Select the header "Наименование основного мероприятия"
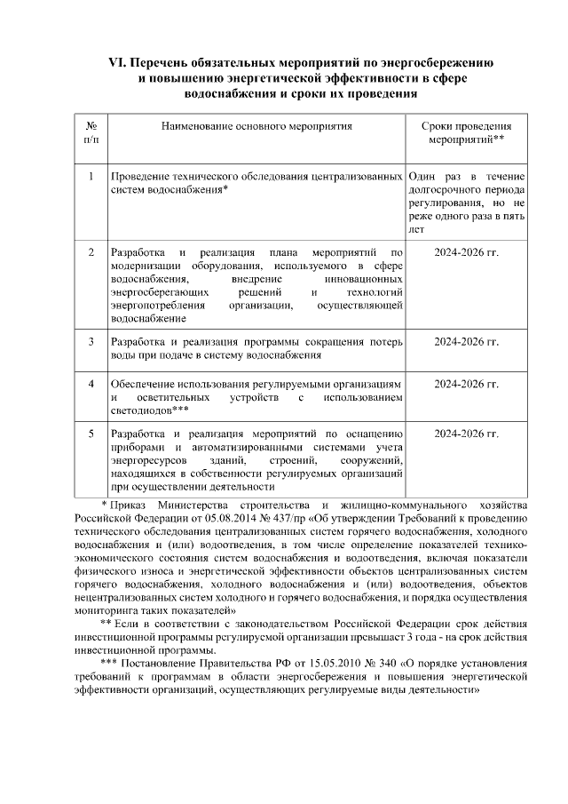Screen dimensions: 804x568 pyautogui.click(x=256, y=127)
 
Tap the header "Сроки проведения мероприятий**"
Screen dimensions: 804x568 pyautogui.click(x=466, y=133)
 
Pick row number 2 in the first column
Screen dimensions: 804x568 pyautogui.click(x=91, y=252)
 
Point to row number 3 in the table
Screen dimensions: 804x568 pyautogui.click(x=91, y=340)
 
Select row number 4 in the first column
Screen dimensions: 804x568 pyautogui.click(x=91, y=384)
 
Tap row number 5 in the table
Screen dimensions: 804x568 pyautogui.click(x=91, y=434)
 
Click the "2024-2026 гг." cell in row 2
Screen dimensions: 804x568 pyautogui.click(x=466, y=252)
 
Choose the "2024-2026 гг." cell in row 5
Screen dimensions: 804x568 pyautogui.click(x=466, y=434)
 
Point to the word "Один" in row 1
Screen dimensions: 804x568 pyautogui.click(x=423, y=178)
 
